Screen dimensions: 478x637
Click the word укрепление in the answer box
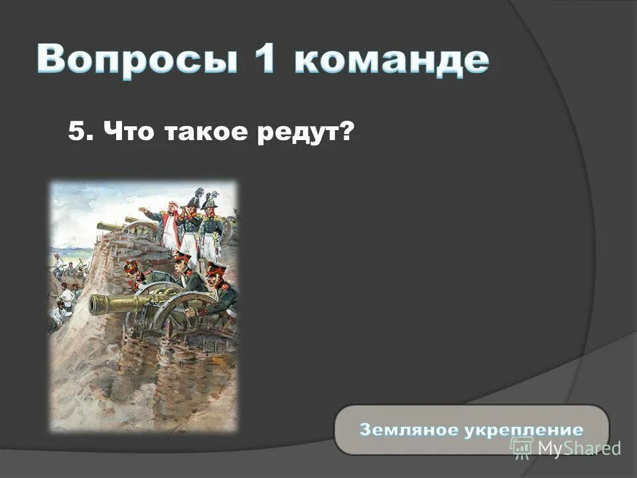(x=524, y=430)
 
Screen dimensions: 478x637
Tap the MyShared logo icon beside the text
(x=522, y=447)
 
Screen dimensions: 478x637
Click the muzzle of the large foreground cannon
(x=95, y=304)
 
